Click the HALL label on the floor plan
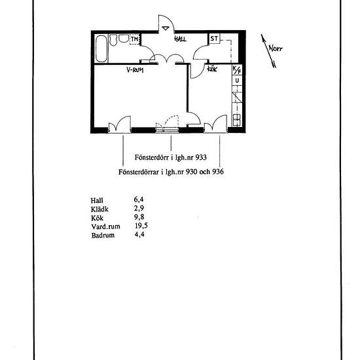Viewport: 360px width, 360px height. pos(180,39)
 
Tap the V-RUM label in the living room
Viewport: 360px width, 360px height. pos(135,70)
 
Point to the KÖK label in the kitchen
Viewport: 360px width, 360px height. pos(212,69)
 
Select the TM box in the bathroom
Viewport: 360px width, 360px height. pos(135,39)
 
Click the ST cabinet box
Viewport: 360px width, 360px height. pos(214,39)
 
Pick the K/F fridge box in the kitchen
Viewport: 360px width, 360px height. pos(237,70)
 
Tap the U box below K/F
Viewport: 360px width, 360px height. pos(237,81)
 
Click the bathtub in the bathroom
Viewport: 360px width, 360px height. pos(101,48)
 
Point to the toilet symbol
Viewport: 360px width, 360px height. pos(113,40)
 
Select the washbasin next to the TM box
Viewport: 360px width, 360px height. pos(124,39)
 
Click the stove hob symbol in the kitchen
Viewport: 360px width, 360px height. pos(237,120)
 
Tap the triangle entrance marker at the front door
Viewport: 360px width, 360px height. pos(166,28)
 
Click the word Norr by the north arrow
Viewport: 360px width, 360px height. pos(276,48)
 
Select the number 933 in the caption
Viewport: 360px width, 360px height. pos(201,158)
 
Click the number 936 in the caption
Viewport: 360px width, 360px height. pos(218,171)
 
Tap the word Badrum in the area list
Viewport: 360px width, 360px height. pos(103,236)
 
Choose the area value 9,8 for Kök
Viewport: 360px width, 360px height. pos(139,217)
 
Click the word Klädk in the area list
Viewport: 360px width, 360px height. pos(99,209)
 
